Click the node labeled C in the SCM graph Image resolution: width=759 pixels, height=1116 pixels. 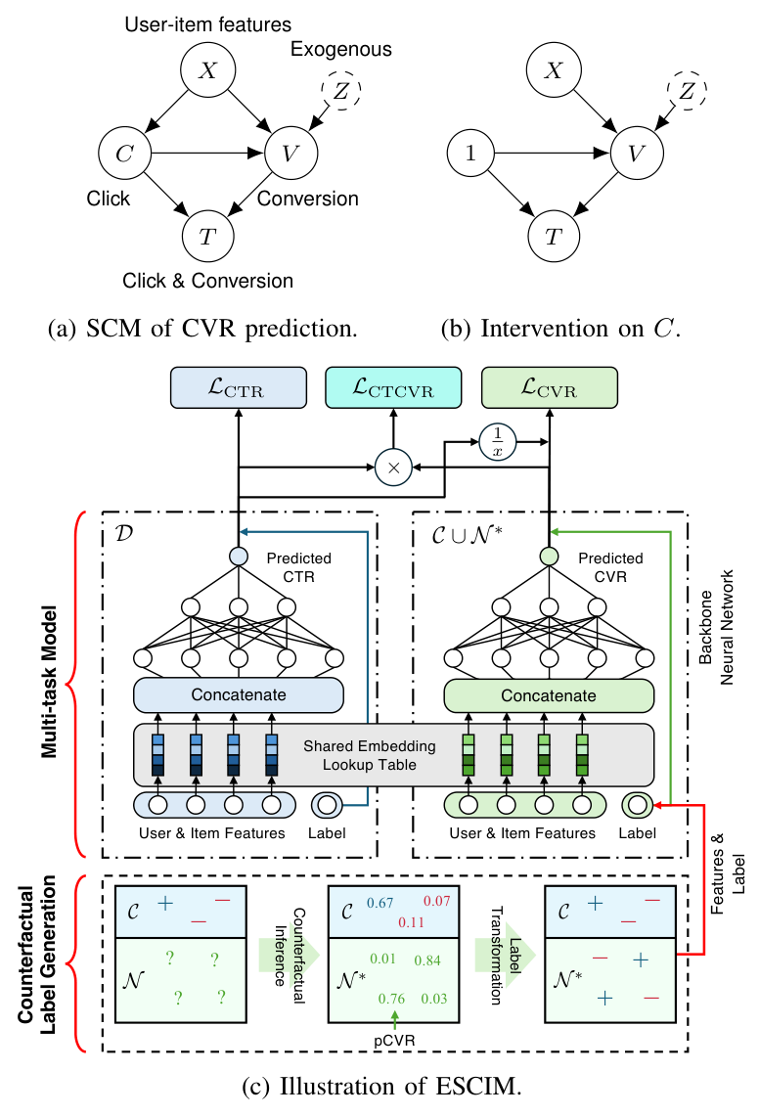[x=123, y=153]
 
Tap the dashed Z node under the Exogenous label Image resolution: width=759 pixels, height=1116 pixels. [x=341, y=91]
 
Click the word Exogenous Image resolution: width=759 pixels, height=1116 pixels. [x=341, y=49]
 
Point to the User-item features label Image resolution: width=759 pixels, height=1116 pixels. [x=207, y=23]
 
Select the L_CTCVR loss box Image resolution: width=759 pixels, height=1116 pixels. [x=392, y=388]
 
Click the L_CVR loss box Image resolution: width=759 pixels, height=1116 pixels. [x=549, y=388]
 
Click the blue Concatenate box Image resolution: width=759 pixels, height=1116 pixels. [x=240, y=695]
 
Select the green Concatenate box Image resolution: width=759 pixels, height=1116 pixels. [x=549, y=695]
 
